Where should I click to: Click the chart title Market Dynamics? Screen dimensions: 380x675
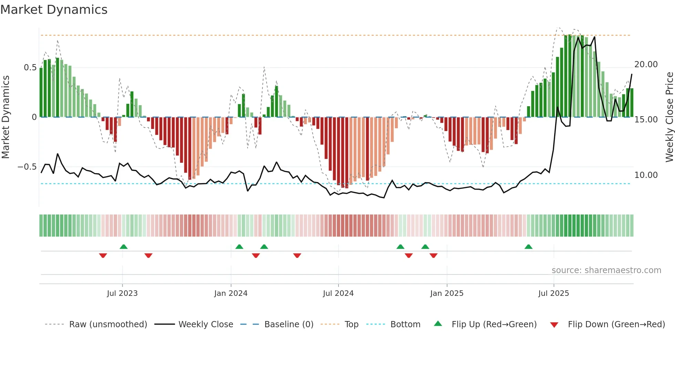[54, 10]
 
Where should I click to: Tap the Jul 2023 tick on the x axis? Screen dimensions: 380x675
[122, 293]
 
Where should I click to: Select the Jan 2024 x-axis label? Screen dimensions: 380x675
[231, 293]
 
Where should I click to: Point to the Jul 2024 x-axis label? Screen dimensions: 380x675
[338, 293]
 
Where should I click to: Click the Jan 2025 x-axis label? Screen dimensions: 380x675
[447, 293]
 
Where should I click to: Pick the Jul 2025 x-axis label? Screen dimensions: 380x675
[554, 293]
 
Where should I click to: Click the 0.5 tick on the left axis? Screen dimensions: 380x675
[30, 68]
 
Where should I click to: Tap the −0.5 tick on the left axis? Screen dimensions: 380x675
[27, 167]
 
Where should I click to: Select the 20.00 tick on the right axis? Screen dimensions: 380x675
[646, 64]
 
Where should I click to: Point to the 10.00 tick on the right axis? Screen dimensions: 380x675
[646, 175]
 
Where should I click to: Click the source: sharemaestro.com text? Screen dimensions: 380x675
[606, 270]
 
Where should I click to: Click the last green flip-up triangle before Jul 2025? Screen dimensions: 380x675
[528, 247]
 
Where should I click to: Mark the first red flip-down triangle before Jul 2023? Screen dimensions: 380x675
[103, 256]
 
